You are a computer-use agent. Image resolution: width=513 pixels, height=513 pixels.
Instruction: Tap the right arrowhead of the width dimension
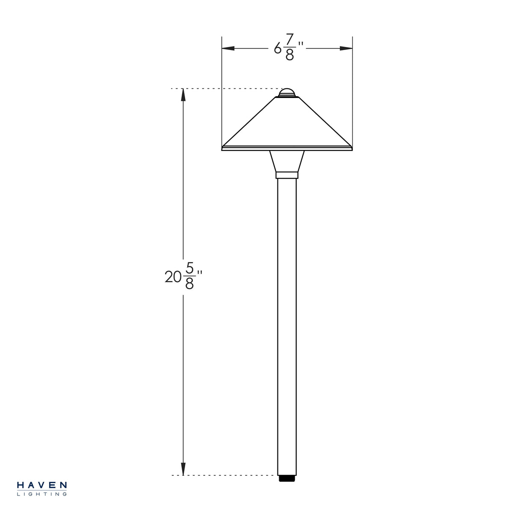pos(346,48)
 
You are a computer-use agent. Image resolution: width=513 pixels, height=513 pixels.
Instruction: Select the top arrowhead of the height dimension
pos(183,95)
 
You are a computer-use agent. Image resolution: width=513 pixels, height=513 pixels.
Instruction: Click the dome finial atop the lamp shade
pos(287,92)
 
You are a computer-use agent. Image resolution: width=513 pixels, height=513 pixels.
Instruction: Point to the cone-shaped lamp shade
pos(287,124)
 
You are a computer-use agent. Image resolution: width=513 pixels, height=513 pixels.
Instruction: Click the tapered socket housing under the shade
pos(287,161)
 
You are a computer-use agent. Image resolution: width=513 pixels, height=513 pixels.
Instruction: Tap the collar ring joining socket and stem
pos(287,174)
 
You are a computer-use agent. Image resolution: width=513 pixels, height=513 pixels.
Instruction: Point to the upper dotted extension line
pos(222,88)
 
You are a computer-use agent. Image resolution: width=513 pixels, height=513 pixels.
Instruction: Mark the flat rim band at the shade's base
pos(287,148)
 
